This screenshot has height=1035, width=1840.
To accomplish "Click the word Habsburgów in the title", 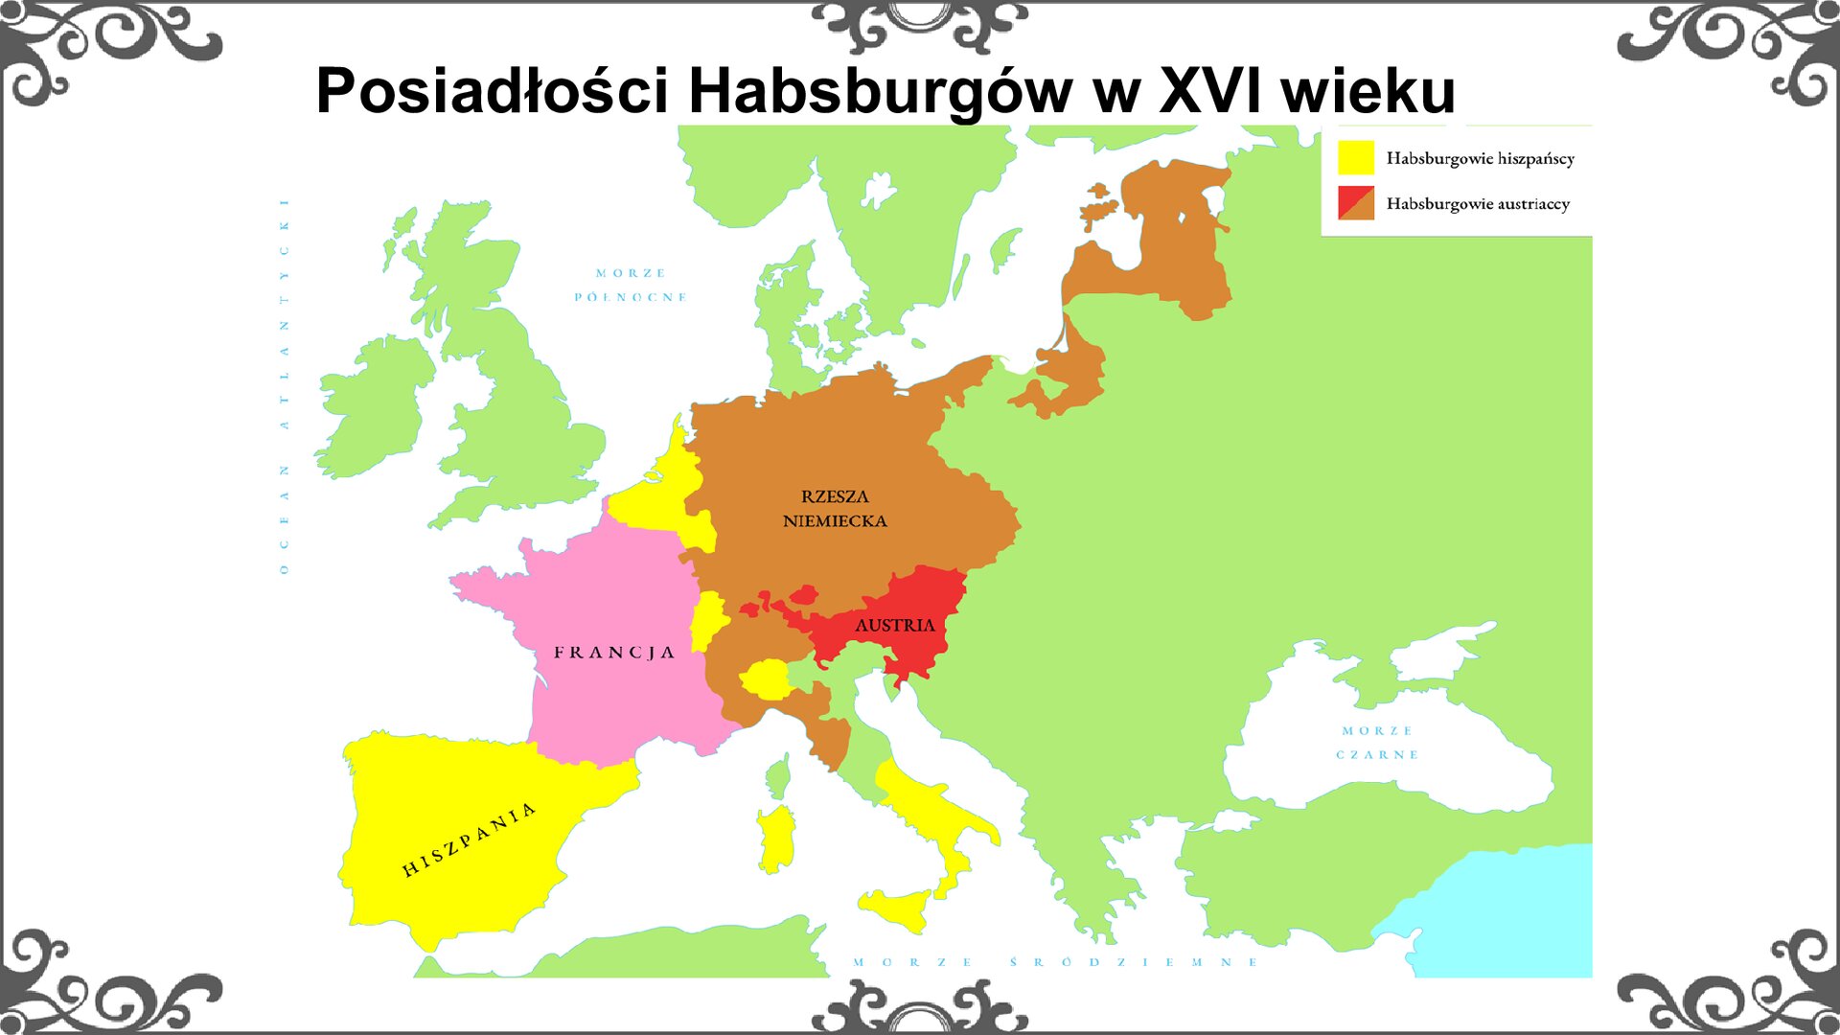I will [880, 91].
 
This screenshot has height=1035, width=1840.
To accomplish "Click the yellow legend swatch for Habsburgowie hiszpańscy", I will [1355, 157].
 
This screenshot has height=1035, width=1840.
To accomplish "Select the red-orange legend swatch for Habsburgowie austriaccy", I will [1355, 203].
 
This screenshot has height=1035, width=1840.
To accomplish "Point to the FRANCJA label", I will [614, 653].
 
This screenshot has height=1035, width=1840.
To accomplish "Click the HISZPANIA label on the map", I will [468, 840].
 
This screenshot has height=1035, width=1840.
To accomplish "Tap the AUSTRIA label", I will [894, 626].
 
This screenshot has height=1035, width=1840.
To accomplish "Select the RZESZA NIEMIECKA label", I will [835, 509].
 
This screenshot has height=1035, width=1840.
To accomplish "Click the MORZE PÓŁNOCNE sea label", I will [631, 286].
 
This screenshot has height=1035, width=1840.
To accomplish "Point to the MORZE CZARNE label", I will [1377, 743].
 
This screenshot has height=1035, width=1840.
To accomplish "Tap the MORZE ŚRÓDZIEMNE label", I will [1055, 962].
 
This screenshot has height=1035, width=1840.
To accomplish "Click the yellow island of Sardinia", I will [777, 839].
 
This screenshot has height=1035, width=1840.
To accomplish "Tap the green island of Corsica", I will [779, 776].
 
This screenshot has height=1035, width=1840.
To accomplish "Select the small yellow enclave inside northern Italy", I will [765, 678].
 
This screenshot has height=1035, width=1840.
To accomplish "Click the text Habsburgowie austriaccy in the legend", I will [1477, 204].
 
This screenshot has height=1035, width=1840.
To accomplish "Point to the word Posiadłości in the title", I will [492, 91].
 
